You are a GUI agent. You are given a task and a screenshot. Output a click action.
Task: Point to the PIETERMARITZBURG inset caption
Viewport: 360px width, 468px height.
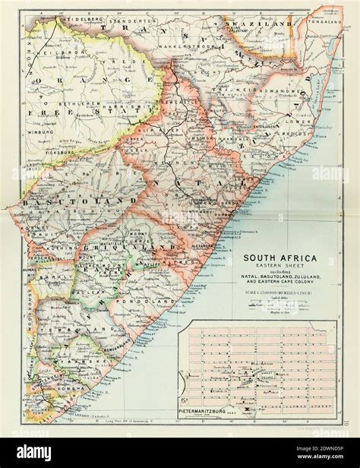coord(211,410)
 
